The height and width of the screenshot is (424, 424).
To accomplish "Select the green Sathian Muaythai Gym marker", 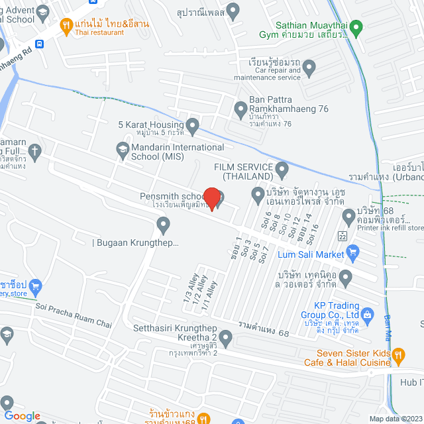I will pos(356,28).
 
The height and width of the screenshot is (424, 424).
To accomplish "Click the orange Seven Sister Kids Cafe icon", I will pos(398,355).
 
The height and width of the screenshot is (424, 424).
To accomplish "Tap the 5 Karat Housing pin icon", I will pos(193,125).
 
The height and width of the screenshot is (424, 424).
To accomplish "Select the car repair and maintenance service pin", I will pos(309,67).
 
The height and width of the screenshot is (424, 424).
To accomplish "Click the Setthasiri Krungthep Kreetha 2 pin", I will pos(226,341).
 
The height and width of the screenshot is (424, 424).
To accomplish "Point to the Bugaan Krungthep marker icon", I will pos(163,226).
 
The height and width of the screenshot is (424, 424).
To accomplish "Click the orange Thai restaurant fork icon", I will pos(66,26).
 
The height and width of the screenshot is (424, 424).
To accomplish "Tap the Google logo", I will pos(22,415).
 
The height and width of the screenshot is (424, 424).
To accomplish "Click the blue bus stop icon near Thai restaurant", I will pos(40,44).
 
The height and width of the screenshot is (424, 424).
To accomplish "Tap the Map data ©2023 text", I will pos(395,419).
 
